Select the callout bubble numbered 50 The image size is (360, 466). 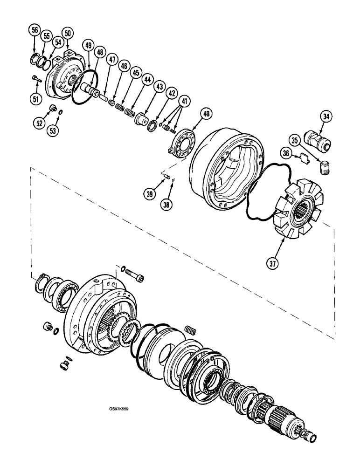pyautogui.click(x=68, y=33)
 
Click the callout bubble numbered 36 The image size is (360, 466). pyautogui.click(x=285, y=152)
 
